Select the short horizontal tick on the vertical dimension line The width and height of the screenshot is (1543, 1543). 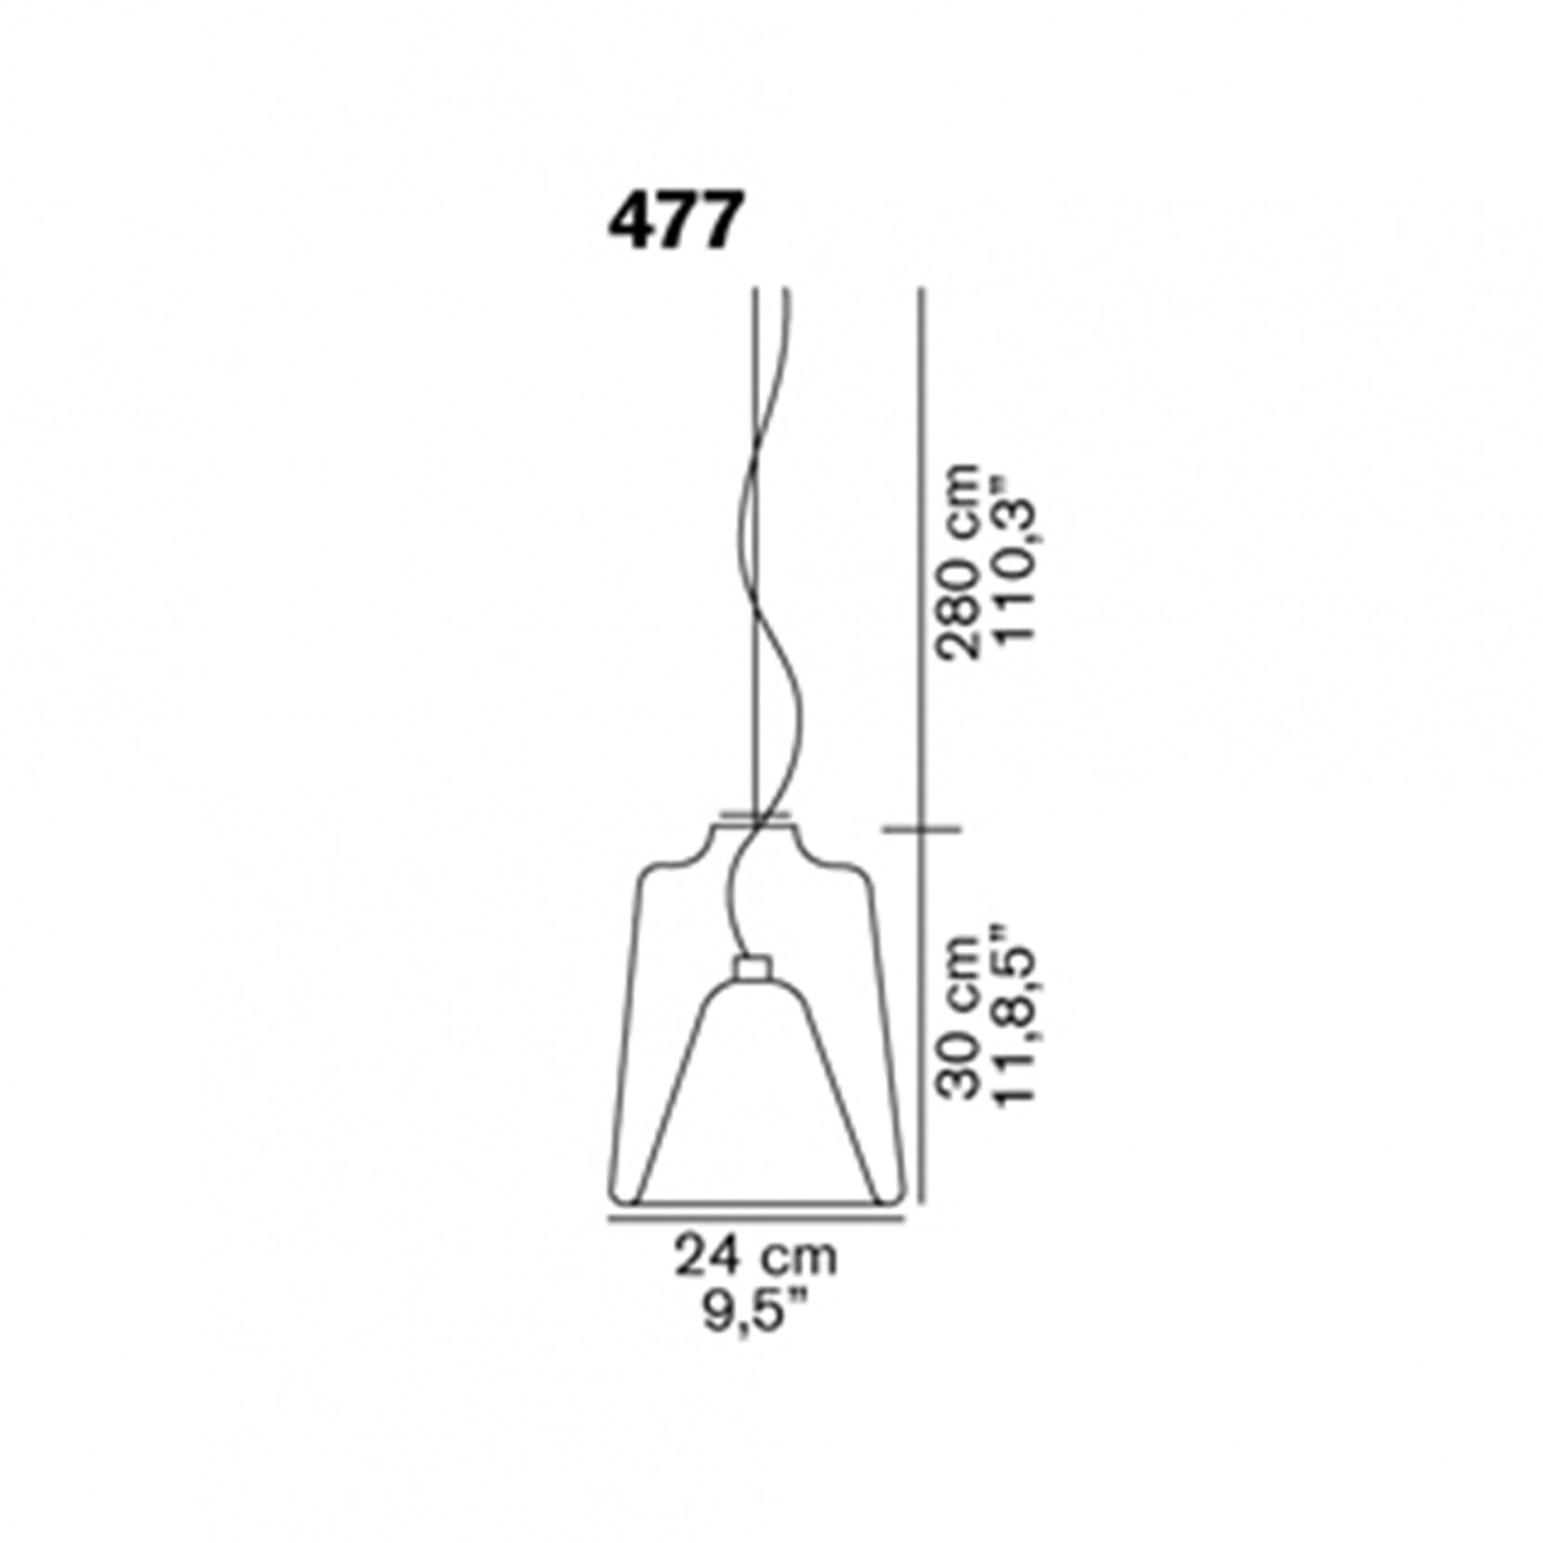click(x=921, y=829)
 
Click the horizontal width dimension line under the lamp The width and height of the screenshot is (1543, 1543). click(x=756, y=1218)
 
